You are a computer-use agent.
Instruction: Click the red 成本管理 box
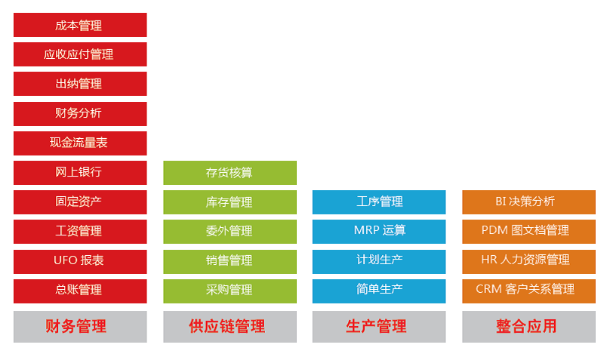point(79,25)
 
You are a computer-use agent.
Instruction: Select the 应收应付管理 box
point(79,54)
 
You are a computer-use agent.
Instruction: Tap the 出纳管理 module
point(79,84)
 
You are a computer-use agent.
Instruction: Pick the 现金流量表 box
point(79,143)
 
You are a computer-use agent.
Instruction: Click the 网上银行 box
point(79,172)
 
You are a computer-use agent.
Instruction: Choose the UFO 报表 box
point(79,260)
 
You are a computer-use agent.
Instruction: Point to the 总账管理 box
point(79,290)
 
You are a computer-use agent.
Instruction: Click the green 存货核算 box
point(229,173)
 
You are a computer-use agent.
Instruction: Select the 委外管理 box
point(229,231)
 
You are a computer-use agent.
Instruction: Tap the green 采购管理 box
point(229,290)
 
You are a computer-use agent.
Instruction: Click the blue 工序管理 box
point(379,202)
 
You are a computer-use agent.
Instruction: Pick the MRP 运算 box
point(379,230)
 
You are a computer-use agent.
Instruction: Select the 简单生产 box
point(379,289)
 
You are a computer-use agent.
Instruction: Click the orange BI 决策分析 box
point(528,202)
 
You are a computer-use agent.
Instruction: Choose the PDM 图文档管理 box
point(528,230)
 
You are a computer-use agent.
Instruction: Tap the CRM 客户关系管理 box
point(528,289)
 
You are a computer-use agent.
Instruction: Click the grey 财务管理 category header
point(79,326)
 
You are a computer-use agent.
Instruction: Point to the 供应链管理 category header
point(229,326)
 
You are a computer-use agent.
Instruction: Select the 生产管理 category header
point(379,326)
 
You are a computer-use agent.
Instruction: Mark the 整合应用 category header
point(528,326)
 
